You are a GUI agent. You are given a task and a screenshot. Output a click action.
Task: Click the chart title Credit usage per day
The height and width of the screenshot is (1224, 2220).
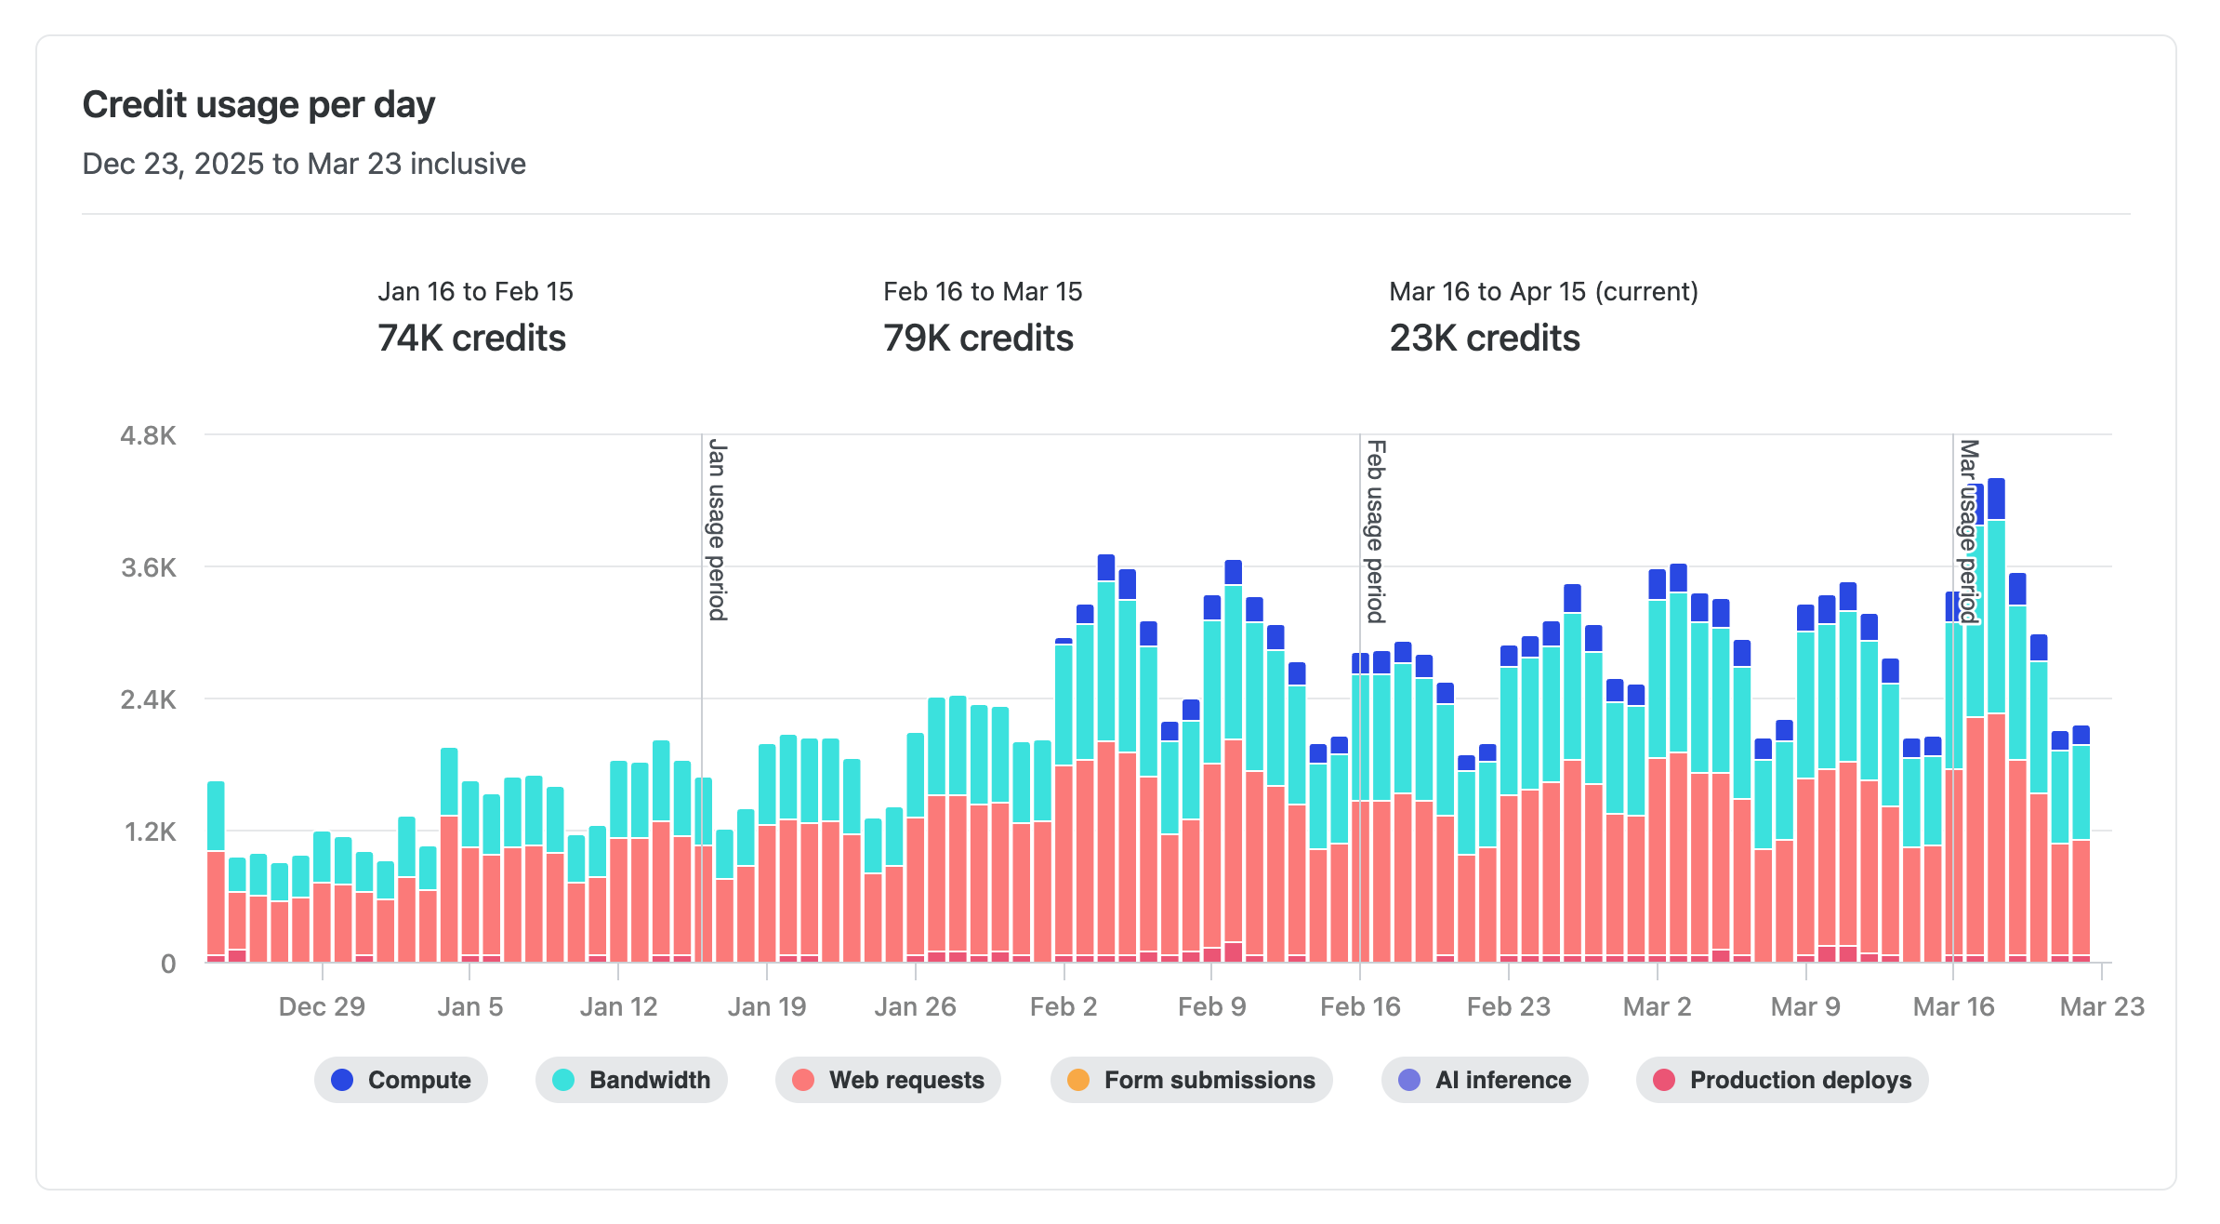(x=258, y=104)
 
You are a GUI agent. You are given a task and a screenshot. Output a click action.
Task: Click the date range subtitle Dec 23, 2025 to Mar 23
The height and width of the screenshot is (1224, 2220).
(x=304, y=164)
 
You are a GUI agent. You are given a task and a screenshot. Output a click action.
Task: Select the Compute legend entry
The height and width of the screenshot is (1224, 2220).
(x=401, y=1080)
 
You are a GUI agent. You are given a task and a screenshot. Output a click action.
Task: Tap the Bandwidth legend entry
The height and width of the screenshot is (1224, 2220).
(x=631, y=1080)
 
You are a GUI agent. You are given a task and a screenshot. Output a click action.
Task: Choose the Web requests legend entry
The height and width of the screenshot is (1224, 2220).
(x=888, y=1080)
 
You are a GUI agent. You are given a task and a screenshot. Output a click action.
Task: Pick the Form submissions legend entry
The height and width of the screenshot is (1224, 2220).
(x=1191, y=1080)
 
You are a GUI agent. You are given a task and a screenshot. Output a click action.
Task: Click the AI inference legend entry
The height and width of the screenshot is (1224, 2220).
(x=1485, y=1080)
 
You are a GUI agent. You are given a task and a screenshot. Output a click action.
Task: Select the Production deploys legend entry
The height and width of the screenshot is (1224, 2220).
(x=1782, y=1080)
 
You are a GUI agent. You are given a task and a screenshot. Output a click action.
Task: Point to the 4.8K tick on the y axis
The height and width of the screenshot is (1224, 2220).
(x=148, y=435)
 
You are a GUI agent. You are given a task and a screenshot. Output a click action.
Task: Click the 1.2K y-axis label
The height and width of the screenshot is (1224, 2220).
(x=150, y=832)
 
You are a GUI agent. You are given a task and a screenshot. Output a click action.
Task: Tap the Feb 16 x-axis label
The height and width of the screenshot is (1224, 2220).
(x=1360, y=1006)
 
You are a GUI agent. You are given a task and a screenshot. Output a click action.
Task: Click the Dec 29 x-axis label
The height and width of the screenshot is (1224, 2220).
(x=322, y=1006)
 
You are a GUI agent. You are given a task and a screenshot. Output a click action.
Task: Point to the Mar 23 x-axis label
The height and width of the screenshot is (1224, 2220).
(x=2101, y=1006)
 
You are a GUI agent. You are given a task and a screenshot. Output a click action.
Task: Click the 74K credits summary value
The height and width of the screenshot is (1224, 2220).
(x=471, y=338)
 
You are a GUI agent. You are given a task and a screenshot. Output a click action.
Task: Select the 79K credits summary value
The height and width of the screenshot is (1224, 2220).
(x=978, y=338)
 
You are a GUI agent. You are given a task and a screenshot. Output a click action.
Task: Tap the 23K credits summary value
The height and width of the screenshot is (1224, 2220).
(x=1485, y=338)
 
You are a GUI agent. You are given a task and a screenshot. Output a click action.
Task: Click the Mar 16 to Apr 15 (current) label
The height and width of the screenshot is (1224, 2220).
(x=1543, y=291)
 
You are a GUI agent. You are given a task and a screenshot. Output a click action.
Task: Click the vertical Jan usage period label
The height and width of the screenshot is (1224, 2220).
(x=717, y=530)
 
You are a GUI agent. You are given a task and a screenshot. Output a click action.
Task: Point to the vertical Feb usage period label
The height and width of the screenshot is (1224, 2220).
(x=1376, y=532)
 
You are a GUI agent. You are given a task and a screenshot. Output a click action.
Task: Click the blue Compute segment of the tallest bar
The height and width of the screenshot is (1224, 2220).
(x=1996, y=499)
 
